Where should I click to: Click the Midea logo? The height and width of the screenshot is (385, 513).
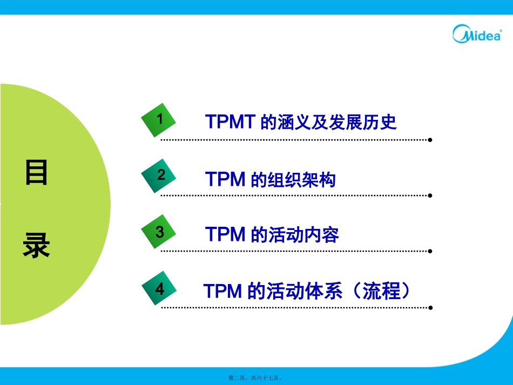pyautogui.click(x=477, y=33)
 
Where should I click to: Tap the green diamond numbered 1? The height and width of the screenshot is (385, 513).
pyautogui.click(x=159, y=119)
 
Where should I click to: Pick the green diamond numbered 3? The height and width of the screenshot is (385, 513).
pyautogui.click(x=159, y=233)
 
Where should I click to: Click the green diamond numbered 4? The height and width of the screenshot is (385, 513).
pyautogui.click(x=159, y=289)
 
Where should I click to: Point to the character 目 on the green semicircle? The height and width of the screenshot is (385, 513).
pyautogui.click(x=36, y=173)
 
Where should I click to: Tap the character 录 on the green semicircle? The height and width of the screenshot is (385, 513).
pyautogui.click(x=36, y=246)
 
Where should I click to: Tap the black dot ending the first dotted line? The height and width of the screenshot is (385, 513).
pyautogui.click(x=430, y=140)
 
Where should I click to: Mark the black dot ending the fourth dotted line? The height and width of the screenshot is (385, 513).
pyautogui.click(x=430, y=308)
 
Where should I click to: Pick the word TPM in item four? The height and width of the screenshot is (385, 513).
pyautogui.click(x=222, y=292)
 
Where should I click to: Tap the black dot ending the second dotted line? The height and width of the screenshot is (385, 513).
pyautogui.click(x=430, y=195)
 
